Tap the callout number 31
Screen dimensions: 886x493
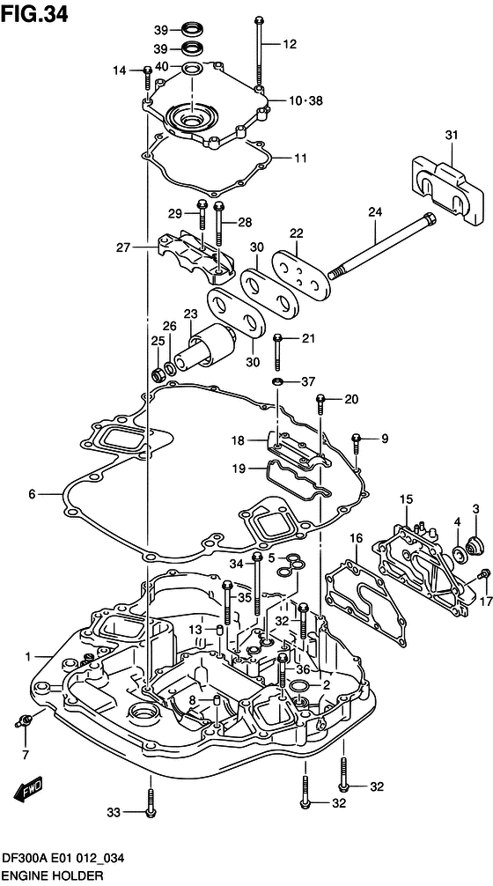point(451,135)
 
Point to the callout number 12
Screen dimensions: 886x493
point(290,43)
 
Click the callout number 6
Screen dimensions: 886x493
point(32,494)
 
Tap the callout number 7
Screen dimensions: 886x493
point(26,754)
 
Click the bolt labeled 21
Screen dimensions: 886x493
point(277,352)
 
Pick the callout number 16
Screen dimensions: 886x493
point(356,538)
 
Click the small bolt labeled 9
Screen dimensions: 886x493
point(357,440)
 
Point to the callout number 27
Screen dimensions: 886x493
point(122,248)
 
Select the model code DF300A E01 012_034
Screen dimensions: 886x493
point(63,863)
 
